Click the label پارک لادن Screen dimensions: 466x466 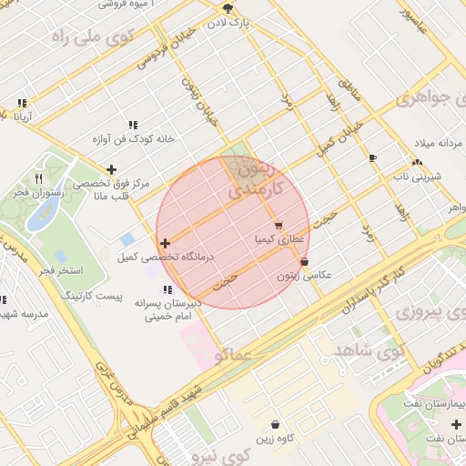(x=228, y=20)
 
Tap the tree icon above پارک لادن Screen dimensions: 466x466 (x=226, y=7)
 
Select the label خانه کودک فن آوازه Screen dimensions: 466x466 (x=133, y=139)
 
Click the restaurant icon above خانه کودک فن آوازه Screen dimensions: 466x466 (x=133, y=125)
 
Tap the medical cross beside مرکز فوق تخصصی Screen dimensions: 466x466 (x=111, y=169)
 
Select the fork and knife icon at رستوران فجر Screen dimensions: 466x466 (x=37, y=178)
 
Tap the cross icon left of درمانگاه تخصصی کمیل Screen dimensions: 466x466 (x=165, y=243)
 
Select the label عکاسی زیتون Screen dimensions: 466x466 (x=305, y=275)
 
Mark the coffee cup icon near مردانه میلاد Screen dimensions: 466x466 (x=372, y=158)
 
